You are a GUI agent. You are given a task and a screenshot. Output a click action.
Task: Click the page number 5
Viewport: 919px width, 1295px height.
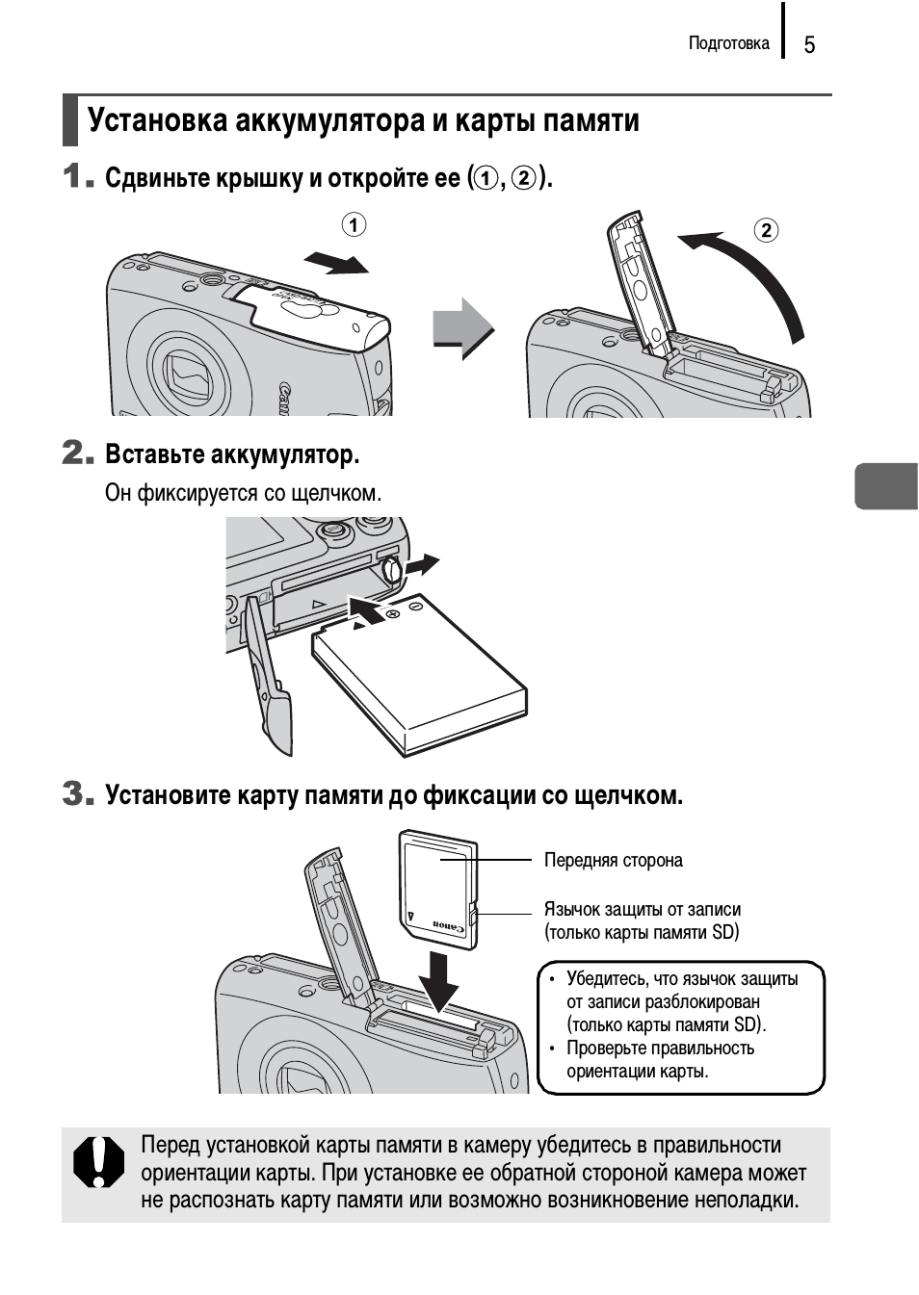point(809,45)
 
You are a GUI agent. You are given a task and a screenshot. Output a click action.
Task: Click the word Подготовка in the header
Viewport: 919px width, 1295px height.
point(728,43)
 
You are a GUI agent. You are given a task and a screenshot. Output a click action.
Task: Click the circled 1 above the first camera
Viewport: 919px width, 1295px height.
point(354,225)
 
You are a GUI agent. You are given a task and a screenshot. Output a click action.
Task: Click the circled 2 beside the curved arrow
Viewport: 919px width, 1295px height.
point(766,230)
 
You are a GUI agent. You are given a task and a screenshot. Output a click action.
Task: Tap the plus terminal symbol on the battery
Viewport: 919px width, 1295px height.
point(393,613)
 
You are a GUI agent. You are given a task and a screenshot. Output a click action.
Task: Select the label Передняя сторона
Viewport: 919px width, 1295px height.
point(613,860)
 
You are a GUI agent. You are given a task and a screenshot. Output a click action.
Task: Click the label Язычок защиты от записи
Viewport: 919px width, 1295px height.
point(642,909)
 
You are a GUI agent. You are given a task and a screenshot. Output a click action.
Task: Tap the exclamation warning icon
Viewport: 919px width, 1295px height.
point(99,1162)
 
